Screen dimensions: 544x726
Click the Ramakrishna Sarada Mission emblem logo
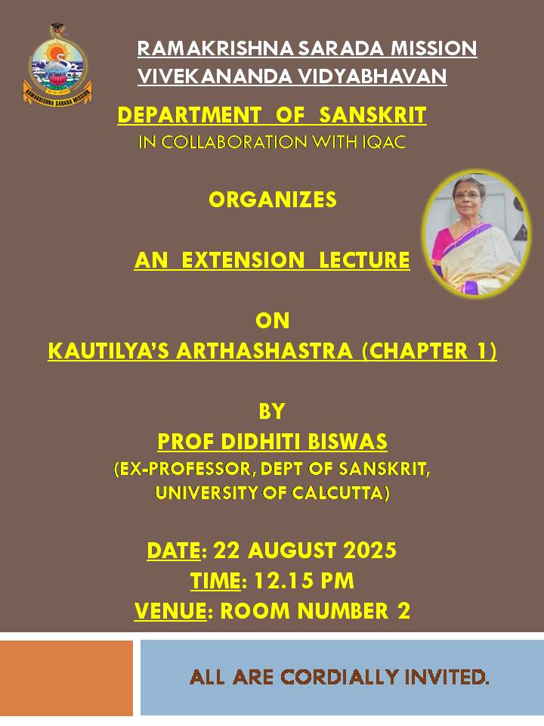click(x=57, y=64)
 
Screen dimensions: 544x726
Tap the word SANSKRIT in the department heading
click(x=372, y=115)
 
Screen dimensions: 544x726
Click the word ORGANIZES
click(x=273, y=200)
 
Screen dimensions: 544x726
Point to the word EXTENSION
click(x=243, y=259)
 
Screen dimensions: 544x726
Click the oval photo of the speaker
click(x=476, y=234)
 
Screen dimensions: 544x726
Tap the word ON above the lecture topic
click(x=273, y=321)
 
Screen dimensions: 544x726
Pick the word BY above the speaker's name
click(x=272, y=411)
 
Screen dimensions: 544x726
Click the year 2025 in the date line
click(x=369, y=551)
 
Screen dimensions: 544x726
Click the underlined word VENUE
click(x=170, y=611)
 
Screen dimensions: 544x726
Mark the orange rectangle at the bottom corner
click(x=66, y=678)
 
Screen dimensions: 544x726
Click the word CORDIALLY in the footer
click(x=340, y=677)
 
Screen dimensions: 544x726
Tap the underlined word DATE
click(x=174, y=551)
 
